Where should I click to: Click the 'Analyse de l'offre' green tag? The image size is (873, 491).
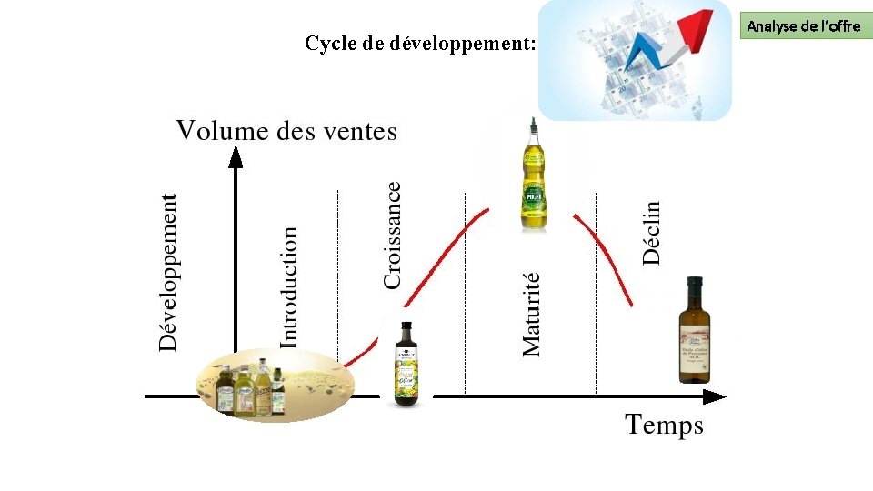(x=803, y=26)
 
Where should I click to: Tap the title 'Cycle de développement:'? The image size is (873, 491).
(x=420, y=44)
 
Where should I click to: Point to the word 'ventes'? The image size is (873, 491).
(x=358, y=132)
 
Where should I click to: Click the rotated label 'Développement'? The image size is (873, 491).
(x=168, y=272)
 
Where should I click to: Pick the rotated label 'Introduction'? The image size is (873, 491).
(x=289, y=287)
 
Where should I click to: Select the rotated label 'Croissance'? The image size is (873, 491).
(x=392, y=235)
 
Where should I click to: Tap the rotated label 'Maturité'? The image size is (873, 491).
(x=532, y=314)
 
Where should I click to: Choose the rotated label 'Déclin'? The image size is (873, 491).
(x=652, y=233)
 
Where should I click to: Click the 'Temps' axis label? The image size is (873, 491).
(x=664, y=425)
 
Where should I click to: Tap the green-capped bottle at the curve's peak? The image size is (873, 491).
(x=533, y=177)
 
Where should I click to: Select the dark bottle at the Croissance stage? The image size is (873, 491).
(x=405, y=363)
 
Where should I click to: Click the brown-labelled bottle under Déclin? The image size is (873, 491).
(x=695, y=332)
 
